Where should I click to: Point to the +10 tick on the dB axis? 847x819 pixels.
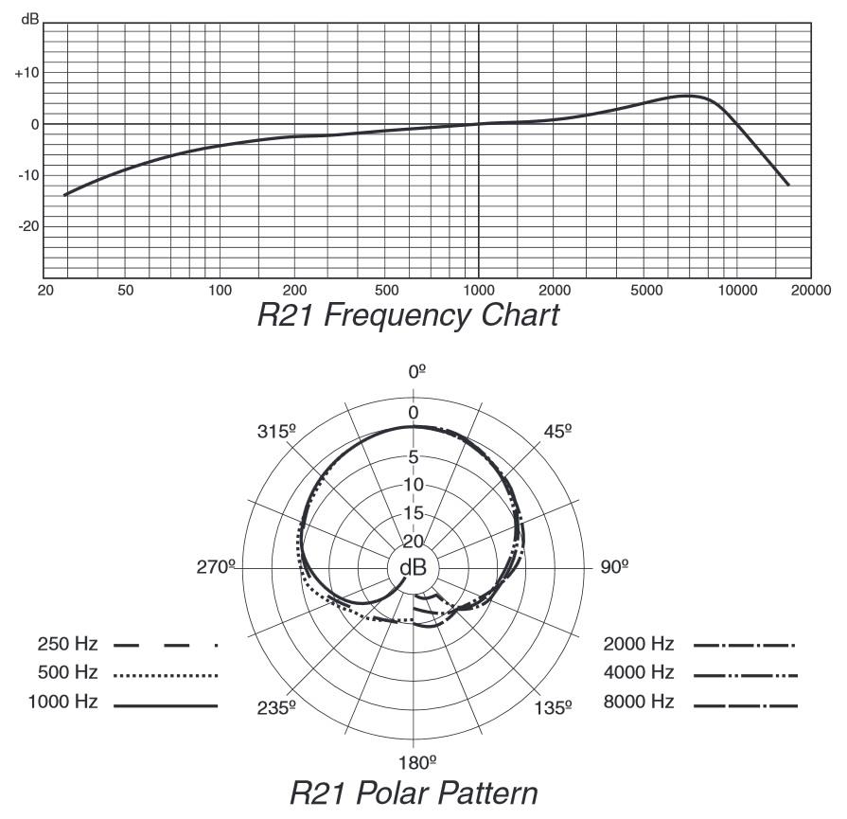26,73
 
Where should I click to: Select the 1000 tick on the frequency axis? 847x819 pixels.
479,290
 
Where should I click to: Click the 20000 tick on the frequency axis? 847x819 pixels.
813,290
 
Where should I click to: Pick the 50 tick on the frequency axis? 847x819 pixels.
125,290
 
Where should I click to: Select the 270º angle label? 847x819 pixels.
214,566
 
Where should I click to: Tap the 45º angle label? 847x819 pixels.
557,431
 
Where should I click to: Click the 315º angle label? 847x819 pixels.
276,431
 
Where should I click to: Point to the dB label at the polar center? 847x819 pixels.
413,568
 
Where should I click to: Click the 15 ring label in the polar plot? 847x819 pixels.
414,513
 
